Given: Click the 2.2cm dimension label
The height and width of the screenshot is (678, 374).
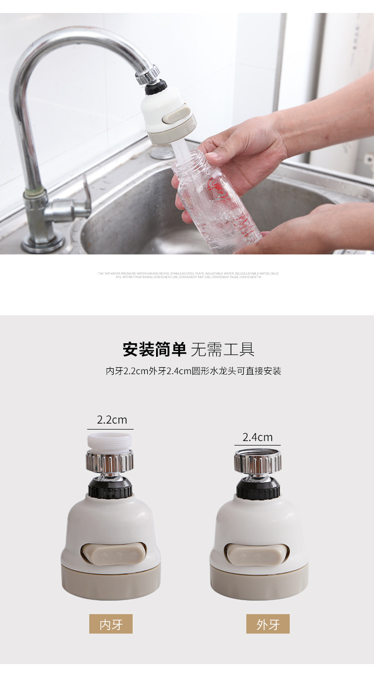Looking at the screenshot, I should point(112,420).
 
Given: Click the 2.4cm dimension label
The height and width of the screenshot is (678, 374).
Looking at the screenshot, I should point(257,437).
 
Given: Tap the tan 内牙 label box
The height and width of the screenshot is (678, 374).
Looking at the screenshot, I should point(111,624).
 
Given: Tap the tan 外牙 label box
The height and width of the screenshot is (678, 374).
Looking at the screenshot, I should point(268,624).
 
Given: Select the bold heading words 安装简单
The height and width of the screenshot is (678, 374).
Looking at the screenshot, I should point(154,349).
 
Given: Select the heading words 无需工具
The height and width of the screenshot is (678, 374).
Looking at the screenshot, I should point(222,349).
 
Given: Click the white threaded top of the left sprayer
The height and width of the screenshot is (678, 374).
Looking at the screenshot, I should point(109,441).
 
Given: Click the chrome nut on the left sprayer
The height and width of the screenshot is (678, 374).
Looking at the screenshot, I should point(110,461).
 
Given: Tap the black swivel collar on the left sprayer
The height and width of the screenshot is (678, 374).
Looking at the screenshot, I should point(110,487).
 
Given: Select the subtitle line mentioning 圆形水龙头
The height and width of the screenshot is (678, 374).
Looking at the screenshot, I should point(193,371).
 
